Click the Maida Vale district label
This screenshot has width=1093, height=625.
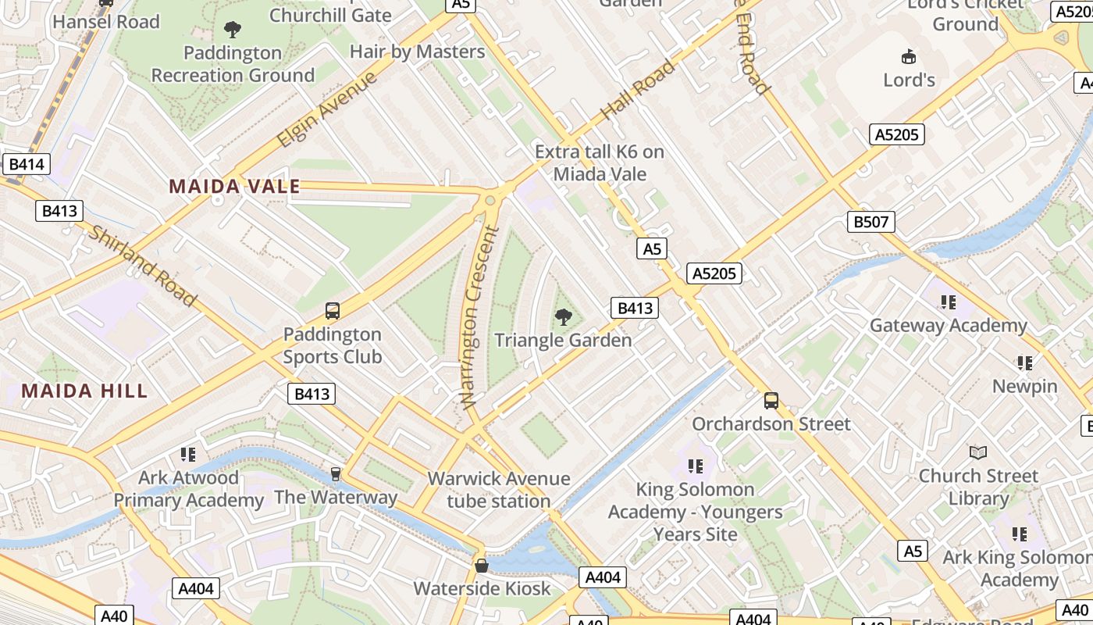[x=234, y=186]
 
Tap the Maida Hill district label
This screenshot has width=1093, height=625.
[x=84, y=391]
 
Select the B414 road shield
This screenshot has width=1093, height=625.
[x=26, y=164]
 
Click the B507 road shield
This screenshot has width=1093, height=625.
[x=870, y=222]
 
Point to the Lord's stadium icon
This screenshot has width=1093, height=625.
[x=909, y=56]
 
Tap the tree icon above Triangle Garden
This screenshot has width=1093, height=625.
[x=563, y=316]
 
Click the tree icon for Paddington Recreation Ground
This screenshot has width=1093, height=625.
[x=232, y=30]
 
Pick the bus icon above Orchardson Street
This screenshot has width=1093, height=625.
[x=771, y=401]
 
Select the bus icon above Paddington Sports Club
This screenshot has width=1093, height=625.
[x=333, y=311]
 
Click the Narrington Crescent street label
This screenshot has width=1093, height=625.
[x=479, y=316]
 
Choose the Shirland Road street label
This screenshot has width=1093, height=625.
[x=142, y=266]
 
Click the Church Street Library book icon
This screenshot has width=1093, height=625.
[x=977, y=452]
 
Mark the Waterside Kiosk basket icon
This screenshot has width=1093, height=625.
[x=482, y=565]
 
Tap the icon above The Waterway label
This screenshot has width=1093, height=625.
[x=336, y=474]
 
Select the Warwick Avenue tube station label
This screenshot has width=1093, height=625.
[x=499, y=490]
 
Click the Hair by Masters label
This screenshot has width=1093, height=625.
[x=417, y=52]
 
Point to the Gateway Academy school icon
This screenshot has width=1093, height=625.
[x=949, y=302]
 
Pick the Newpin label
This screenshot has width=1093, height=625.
[x=1024, y=386]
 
